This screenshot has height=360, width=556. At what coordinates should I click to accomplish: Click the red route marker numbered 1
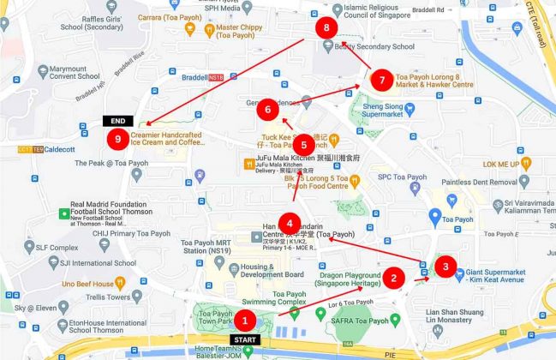coord(245,321)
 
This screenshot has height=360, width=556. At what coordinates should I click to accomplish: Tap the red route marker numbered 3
coord(445,267)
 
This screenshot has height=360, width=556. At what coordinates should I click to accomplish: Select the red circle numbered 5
coord(306,145)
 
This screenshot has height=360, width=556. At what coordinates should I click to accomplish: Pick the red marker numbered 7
coord(382,80)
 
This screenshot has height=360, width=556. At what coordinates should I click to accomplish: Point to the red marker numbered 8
coord(326,28)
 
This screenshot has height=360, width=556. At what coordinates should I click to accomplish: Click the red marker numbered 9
coord(117,137)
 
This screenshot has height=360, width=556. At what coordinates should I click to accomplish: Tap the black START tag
coord(245,340)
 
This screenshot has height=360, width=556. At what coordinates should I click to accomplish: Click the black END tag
coord(117,121)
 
